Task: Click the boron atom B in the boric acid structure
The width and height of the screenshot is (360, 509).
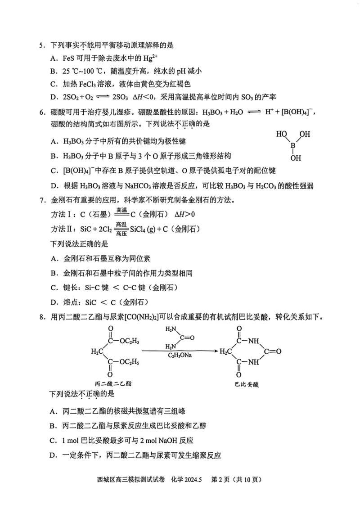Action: click(293, 145)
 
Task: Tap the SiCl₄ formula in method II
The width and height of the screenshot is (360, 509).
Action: click(139, 229)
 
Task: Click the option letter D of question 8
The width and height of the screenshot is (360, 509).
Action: click(53, 455)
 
